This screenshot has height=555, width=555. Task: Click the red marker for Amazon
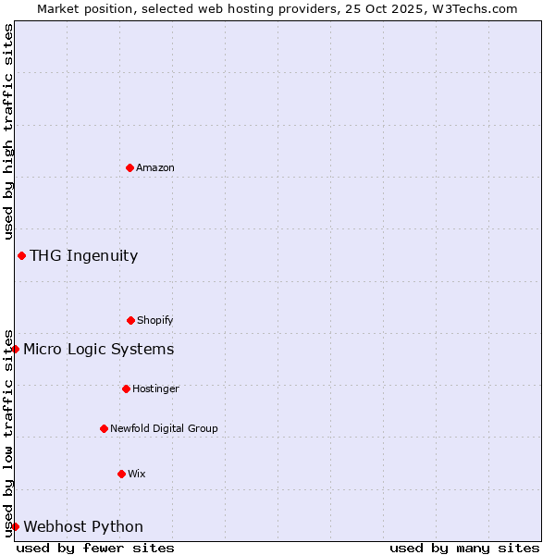pyautogui.click(x=129, y=167)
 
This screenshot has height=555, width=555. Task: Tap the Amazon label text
pyautogui.click(x=155, y=167)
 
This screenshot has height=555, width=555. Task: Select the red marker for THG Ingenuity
pyautogui.click(x=21, y=255)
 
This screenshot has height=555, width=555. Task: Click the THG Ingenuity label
pyautogui.click(x=83, y=256)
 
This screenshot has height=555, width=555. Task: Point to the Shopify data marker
pyautogui.click(x=130, y=320)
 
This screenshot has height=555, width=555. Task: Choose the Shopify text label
pyautogui.click(x=155, y=320)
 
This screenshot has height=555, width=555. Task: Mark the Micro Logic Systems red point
pyautogui.click(x=15, y=349)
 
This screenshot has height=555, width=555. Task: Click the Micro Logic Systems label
pyautogui.click(x=98, y=349)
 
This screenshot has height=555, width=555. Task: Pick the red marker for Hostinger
pyautogui.click(x=126, y=388)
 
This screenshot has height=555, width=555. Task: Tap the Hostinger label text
pyautogui.click(x=155, y=388)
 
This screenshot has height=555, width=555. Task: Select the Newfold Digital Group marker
pyautogui.click(x=104, y=428)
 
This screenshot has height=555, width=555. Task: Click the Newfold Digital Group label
pyautogui.click(x=164, y=428)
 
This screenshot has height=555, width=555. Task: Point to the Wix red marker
pyautogui.click(x=121, y=474)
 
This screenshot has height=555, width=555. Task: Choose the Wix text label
pyautogui.click(x=137, y=474)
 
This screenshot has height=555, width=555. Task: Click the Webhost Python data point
pyautogui.click(x=15, y=526)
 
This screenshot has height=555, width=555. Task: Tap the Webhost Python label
pyautogui.click(x=83, y=527)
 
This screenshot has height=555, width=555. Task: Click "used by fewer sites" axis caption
pyautogui.click(x=95, y=548)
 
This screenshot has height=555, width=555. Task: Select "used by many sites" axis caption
pyautogui.click(x=464, y=548)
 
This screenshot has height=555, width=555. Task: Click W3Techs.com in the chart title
pyautogui.click(x=472, y=8)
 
